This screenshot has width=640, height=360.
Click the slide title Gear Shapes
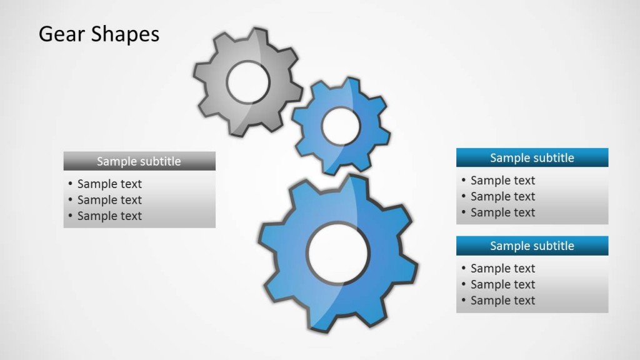99,34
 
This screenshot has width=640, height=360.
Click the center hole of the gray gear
248,82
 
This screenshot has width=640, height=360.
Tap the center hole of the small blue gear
341,127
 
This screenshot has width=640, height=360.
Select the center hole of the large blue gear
338,252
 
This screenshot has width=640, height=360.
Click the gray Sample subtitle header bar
139,161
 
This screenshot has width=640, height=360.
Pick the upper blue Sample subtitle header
532,157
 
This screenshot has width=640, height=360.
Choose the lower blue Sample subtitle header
532,246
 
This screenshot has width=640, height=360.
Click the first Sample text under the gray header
109,184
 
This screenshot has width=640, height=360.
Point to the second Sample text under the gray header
109,200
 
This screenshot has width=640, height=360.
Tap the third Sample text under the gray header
109,216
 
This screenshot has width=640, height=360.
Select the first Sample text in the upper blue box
502,181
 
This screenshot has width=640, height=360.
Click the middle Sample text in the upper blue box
502,196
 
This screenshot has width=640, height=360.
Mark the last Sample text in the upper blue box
502,212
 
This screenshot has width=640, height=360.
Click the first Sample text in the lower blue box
502,269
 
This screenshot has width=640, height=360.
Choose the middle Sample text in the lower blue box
502,284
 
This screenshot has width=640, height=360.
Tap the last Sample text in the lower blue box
502,301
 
